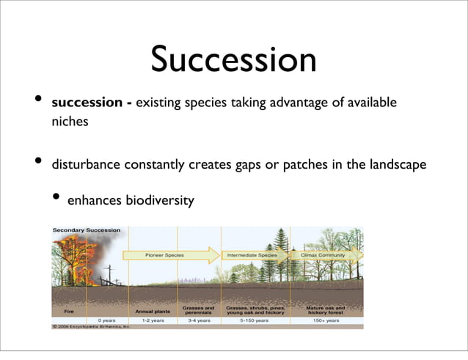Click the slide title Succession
click(x=233, y=59)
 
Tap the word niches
click(x=70, y=122)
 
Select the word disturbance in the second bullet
click(x=86, y=164)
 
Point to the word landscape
click(x=394, y=164)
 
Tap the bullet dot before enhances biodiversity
click(x=57, y=199)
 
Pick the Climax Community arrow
click(x=327, y=255)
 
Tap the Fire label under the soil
click(x=69, y=311)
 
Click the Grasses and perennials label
click(x=198, y=310)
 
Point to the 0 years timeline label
click(x=106, y=320)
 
